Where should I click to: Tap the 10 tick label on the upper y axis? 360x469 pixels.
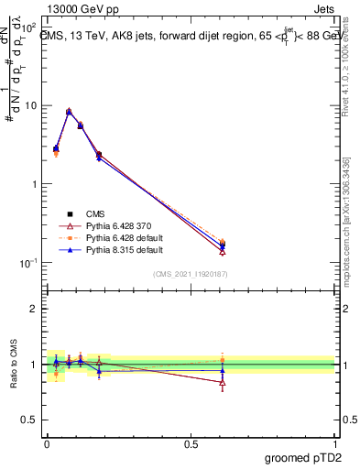coord(30,105)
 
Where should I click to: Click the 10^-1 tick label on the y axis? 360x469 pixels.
coord(27,263)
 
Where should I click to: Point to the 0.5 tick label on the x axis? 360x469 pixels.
coord(191,442)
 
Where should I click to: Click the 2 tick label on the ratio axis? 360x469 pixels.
coord(34,309)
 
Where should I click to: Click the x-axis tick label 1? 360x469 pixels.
coord(336,442)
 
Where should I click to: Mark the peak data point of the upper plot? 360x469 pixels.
coord(69,112)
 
